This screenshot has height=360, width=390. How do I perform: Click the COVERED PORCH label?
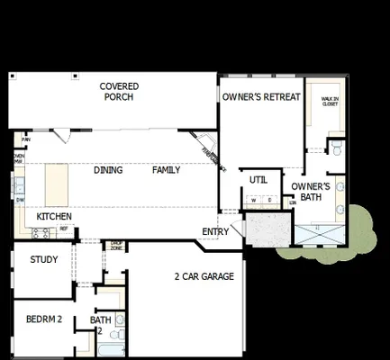tap(119, 92)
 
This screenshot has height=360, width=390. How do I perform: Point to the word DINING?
tap(108, 170)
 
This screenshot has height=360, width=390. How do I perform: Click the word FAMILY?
tap(166, 170)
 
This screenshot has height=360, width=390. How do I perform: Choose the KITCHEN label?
tap(54, 217)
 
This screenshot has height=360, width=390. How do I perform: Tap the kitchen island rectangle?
tap(56, 184)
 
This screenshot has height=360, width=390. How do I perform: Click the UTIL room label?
tap(258, 180)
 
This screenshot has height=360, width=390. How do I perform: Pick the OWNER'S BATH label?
tap(311, 192)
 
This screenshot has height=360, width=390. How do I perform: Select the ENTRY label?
tap(215, 231)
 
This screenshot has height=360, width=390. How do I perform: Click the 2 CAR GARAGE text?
tap(204, 276)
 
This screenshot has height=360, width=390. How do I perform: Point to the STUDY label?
tap(44, 260)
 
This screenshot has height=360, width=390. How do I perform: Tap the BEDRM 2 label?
tap(42, 319)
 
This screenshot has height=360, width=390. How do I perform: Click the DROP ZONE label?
tap(116, 245)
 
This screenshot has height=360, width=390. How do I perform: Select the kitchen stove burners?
tap(41, 233)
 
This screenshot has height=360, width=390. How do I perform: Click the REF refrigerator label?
tap(64, 229)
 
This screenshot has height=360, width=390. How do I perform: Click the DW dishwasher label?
tap(18, 200)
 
